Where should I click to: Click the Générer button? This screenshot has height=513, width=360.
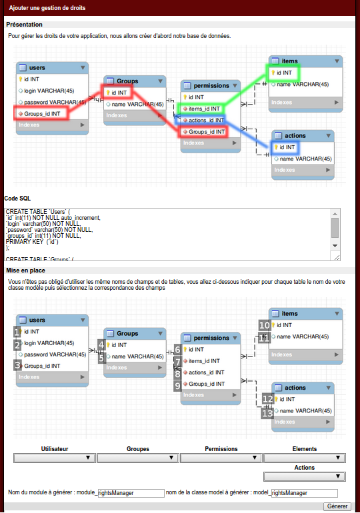tap(337, 506)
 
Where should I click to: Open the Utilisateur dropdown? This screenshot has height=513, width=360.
tap(54, 458)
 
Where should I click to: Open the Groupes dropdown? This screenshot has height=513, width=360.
tap(138, 458)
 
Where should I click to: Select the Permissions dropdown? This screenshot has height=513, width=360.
tap(221, 458)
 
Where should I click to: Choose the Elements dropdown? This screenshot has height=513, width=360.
tap(305, 458)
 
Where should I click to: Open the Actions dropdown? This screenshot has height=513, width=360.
tap(305, 476)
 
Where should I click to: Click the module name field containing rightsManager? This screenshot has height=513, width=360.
tap(131, 493)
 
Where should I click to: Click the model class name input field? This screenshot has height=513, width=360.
tap(305, 493)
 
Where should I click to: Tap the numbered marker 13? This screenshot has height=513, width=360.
tap(267, 414)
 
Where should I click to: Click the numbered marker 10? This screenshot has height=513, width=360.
tap(264, 325)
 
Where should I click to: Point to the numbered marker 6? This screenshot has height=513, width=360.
tap(177, 349)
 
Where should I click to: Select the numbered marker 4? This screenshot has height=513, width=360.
tap(101, 344)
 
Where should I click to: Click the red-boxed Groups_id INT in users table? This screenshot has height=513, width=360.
tap(41, 113)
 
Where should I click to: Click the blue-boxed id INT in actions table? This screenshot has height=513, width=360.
tap(285, 147)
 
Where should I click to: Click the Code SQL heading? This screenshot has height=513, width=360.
tap(17, 199)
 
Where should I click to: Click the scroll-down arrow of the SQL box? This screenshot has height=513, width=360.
tap(335, 246)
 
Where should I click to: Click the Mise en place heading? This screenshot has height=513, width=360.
tap(25, 270)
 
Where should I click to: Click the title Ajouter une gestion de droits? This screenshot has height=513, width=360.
tap(47, 8)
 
